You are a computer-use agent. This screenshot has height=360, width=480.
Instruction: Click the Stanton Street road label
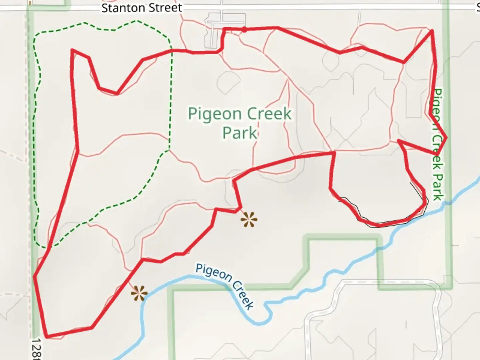click(x=142, y=8)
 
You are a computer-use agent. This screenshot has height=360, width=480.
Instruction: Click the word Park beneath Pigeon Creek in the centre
click(x=240, y=133)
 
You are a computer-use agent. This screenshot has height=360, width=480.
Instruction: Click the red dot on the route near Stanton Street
click(x=244, y=30)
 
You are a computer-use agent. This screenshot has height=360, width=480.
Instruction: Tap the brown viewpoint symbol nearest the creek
click(x=139, y=293)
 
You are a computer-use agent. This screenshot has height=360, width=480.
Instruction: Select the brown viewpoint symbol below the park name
click(x=249, y=220)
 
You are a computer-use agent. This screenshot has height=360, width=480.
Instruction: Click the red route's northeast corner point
click(x=432, y=31)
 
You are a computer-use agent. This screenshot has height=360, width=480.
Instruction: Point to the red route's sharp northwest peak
click(x=72, y=50)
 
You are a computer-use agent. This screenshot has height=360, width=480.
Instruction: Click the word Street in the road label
click(x=166, y=8)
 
